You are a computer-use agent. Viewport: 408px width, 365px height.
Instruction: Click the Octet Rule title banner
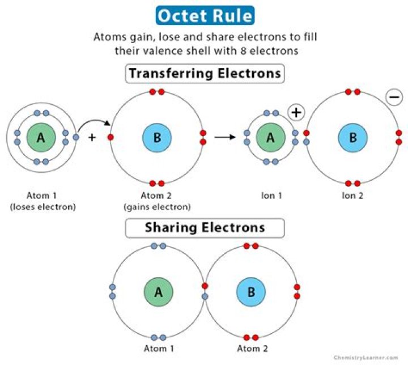(x=204, y=15)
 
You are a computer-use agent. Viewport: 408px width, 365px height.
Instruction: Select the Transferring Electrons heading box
(x=204, y=74)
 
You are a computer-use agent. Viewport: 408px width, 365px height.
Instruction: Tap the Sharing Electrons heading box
(x=204, y=227)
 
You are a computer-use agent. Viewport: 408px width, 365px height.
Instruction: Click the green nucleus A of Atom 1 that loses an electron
(x=40, y=137)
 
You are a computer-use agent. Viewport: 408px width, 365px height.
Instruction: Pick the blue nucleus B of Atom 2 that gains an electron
(x=157, y=137)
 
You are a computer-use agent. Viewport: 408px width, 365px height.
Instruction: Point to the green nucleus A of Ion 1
(x=270, y=137)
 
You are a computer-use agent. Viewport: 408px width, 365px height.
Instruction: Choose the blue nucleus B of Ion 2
(x=352, y=137)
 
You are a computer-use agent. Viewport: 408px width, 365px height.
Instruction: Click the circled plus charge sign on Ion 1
(x=296, y=112)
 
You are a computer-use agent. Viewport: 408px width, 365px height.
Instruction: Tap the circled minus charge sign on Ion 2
(x=394, y=97)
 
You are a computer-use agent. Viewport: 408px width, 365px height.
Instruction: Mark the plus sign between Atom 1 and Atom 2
(x=92, y=137)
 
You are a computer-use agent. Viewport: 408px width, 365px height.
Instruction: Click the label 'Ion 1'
(x=270, y=196)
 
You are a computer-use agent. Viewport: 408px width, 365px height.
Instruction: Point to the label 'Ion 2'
(x=352, y=196)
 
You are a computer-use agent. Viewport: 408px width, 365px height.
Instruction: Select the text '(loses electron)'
(x=42, y=207)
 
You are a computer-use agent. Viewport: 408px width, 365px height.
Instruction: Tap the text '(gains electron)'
(x=157, y=207)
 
